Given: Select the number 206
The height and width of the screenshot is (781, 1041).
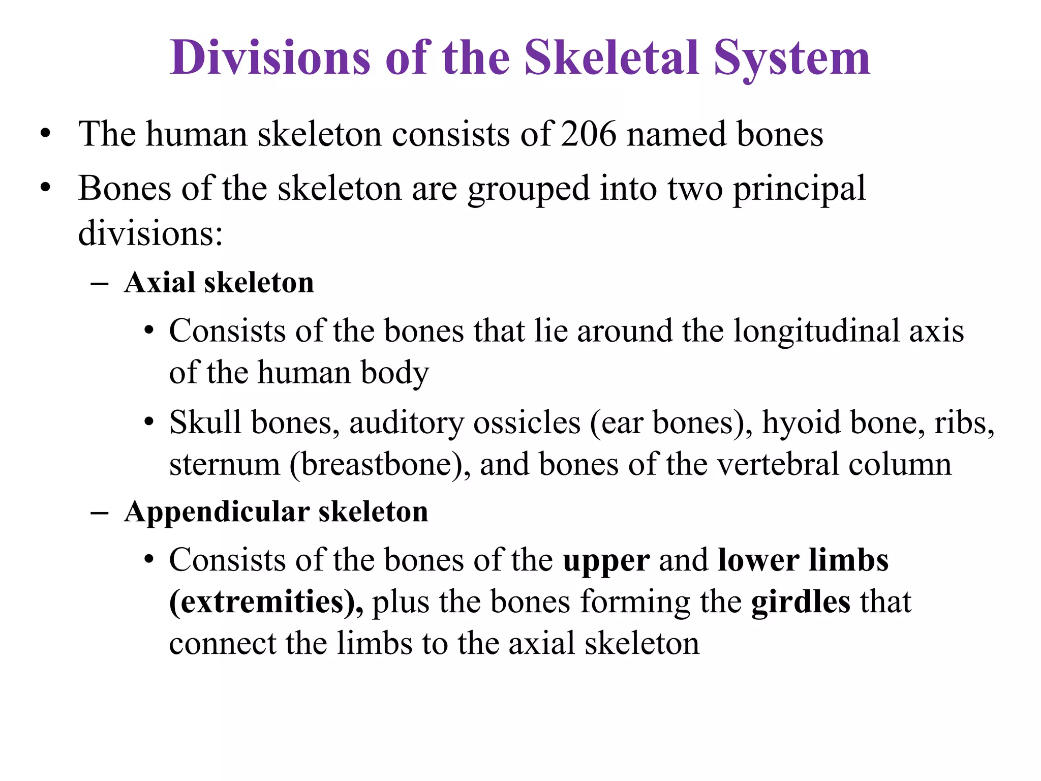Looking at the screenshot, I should click(x=588, y=134).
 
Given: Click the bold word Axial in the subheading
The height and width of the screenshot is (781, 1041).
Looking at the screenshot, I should click(x=159, y=283).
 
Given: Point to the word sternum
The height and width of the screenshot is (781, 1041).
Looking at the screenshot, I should click(x=225, y=464).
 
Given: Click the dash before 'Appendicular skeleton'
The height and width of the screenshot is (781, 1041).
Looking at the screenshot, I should click(x=99, y=513).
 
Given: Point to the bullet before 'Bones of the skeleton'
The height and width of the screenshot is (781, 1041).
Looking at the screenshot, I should click(x=46, y=189).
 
